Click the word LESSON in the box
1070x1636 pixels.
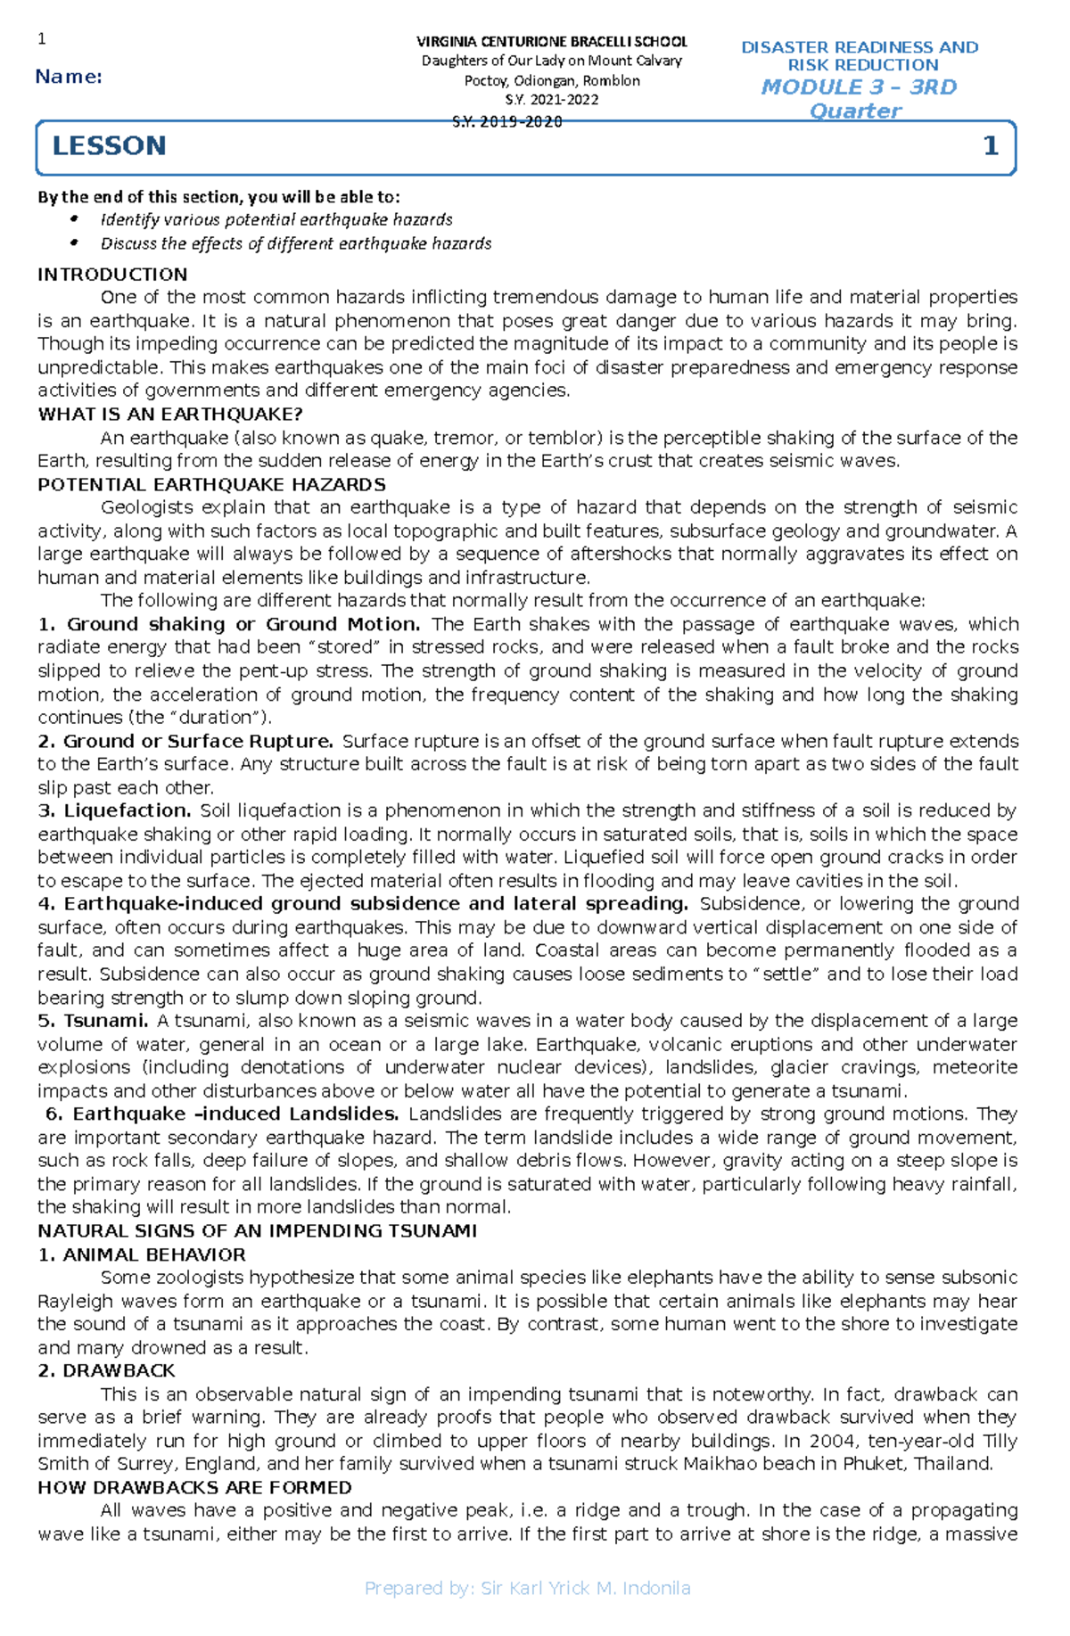click(x=109, y=146)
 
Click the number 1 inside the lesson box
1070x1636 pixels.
click(x=990, y=146)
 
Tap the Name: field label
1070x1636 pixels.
click(x=69, y=78)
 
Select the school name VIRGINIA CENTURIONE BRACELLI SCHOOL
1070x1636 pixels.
click(x=552, y=42)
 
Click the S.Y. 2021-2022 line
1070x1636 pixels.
click(x=552, y=100)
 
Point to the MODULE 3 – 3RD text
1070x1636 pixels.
click(x=859, y=87)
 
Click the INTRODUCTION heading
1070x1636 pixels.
click(x=112, y=275)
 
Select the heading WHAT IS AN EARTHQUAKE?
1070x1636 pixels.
click(x=170, y=415)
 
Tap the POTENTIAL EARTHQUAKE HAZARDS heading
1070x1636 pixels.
click(x=211, y=485)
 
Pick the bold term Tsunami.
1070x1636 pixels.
click(x=105, y=1021)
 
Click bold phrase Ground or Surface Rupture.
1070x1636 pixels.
click(x=197, y=741)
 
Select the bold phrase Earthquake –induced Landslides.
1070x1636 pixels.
click(x=235, y=1114)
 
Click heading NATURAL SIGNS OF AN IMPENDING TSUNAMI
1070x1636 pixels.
click(x=257, y=1231)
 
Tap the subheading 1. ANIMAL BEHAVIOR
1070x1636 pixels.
click(x=141, y=1254)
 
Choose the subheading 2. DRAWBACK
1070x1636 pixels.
click(x=106, y=1370)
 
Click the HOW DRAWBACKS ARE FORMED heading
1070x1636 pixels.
click(x=194, y=1487)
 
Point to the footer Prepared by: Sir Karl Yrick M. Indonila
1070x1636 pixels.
click(x=528, y=1588)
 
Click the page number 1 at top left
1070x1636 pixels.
click(x=41, y=38)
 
